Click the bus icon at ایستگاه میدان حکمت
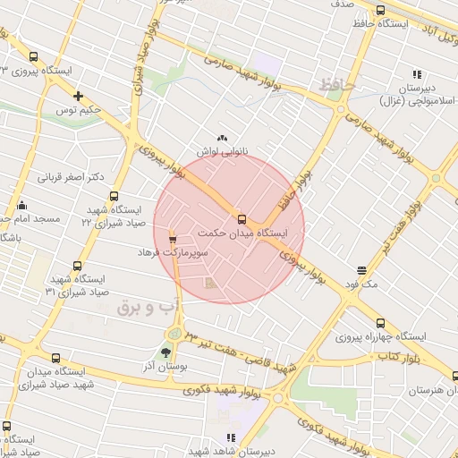coord(242,218)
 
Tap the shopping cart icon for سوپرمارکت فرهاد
coord(173,239)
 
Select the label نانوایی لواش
coord(221,152)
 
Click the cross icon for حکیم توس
coord(79,96)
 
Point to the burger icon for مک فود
coord(362,269)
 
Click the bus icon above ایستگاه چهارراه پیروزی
coord(380,323)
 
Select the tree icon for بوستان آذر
coord(165,352)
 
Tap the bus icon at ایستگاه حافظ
coord(380,11)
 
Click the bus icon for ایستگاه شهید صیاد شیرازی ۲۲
coord(113,196)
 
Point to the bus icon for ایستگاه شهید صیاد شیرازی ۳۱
coord(77,265)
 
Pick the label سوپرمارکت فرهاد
coord(172,254)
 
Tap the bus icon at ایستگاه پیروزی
coord(34,55)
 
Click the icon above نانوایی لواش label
coord(221,138)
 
